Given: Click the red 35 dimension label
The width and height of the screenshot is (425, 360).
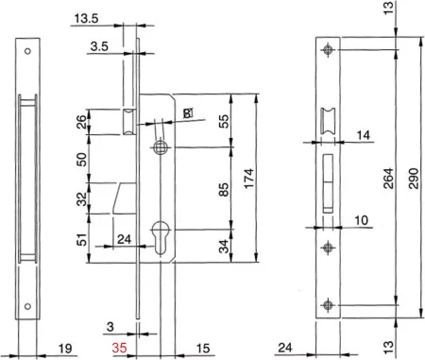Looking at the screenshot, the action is click(x=120, y=348).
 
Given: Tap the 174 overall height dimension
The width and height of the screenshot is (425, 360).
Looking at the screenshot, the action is click(x=249, y=179).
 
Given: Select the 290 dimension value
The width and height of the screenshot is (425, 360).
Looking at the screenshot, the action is click(x=414, y=179).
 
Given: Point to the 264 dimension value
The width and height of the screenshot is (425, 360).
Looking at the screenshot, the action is click(x=388, y=179).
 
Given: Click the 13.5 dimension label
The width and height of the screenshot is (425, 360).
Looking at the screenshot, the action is click(x=86, y=19).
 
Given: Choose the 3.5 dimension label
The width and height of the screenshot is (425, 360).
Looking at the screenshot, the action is click(x=99, y=46).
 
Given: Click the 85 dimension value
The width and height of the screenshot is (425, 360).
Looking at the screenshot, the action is click(x=224, y=189).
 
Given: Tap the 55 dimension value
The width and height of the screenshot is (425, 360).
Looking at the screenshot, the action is click(x=224, y=121).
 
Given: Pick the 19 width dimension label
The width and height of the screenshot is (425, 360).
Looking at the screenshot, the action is click(x=65, y=349).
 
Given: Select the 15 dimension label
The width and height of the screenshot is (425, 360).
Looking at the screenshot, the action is click(x=203, y=348).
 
